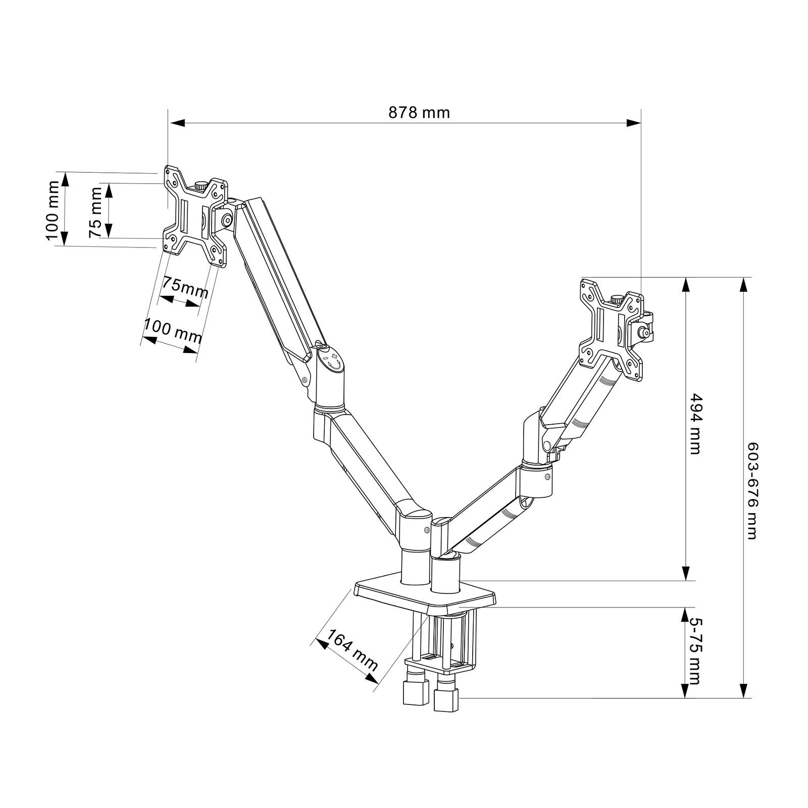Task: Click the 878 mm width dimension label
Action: coord(419,112)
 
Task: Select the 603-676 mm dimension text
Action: coord(752,490)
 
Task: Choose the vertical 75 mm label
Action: coord(95,213)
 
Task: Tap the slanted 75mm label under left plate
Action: coord(184,288)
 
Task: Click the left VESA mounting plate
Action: coord(194,215)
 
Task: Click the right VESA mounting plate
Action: coord(612,328)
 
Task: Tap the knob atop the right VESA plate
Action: coord(617,299)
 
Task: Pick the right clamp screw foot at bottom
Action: coord(445,699)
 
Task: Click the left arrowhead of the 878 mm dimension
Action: coord(177,123)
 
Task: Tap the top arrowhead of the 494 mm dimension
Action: coord(685,285)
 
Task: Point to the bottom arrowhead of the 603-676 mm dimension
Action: coord(743,691)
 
